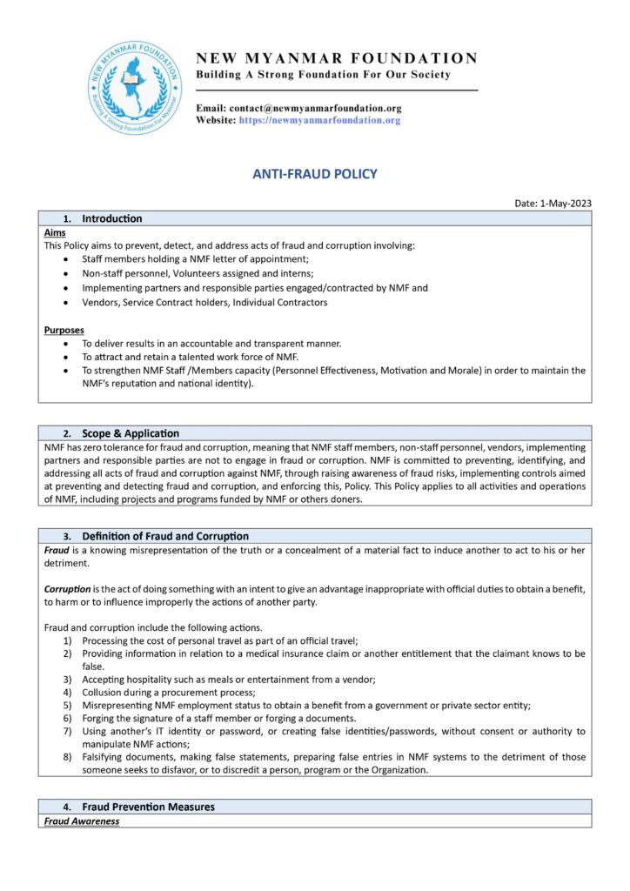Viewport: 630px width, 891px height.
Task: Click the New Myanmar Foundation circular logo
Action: pos(134,87)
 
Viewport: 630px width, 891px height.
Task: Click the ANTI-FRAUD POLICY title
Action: pos(315,174)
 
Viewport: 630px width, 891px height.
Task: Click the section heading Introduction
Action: pos(111,218)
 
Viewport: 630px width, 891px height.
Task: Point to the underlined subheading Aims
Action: pos(54,233)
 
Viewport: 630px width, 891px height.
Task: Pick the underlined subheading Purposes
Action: pos(64,330)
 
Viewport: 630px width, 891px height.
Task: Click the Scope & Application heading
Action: pos(131,433)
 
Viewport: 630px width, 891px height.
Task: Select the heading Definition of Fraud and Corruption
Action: pos(165,536)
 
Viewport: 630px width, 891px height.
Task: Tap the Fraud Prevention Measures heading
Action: pos(148,807)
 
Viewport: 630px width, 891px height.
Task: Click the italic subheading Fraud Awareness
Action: pos(82,821)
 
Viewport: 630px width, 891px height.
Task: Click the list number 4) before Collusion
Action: pos(67,692)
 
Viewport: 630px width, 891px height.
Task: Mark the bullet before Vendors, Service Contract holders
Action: pos(67,302)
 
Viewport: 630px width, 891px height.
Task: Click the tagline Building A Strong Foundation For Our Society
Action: pos(323,75)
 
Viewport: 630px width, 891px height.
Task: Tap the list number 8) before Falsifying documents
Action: pos(67,757)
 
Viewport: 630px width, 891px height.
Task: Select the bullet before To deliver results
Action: pos(67,344)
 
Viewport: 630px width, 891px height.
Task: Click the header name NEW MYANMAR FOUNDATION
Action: pos(337,58)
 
